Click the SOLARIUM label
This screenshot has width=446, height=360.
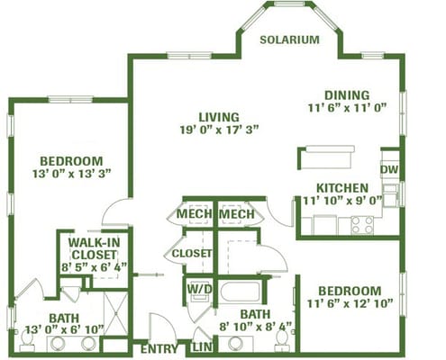coord(289,40)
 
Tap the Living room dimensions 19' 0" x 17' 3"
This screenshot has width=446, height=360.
coord(219,130)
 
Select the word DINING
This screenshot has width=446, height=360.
coord(347,95)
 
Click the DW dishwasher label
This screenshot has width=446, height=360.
coord(389,169)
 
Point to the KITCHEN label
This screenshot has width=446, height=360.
coord(342,188)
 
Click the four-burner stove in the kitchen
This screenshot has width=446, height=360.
coord(362,225)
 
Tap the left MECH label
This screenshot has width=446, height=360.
coord(195,214)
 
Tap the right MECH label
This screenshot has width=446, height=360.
coord(237,214)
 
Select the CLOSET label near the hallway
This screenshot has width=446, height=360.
coord(192,254)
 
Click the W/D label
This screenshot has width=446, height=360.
coord(200,289)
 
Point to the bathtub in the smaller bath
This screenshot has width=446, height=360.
coord(241,292)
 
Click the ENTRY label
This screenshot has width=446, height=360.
coord(159,349)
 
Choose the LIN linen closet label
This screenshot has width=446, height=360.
coord(202,347)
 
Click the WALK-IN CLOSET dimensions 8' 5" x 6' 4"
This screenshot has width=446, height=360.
coord(95,267)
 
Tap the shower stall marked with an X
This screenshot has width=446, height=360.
coord(116,313)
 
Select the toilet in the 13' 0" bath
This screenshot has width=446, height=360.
coord(27,342)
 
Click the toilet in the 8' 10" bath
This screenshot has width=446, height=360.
coord(282,342)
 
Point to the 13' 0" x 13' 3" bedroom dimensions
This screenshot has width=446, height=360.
coord(72,174)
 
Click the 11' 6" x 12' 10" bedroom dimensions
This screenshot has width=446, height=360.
coord(350,303)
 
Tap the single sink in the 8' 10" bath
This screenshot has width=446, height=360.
coord(235,344)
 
